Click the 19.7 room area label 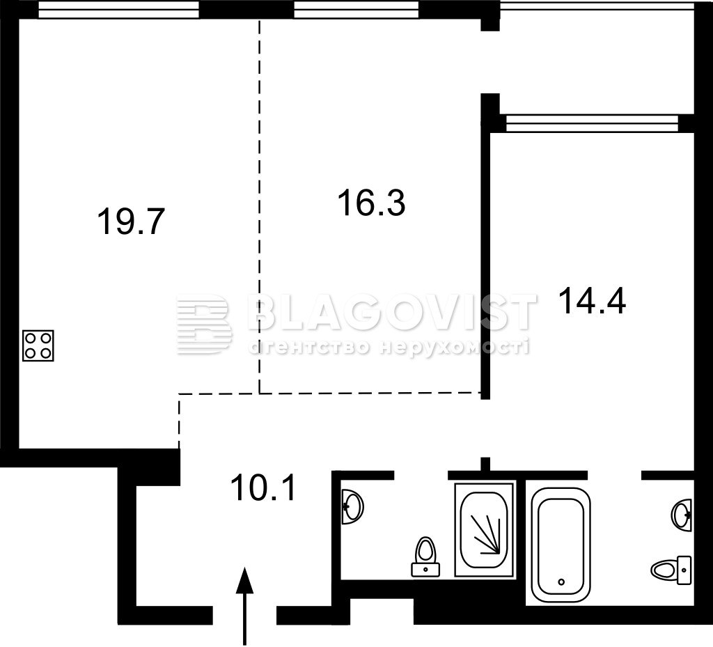[130, 221]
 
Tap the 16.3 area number [372, 203]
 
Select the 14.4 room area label [592, 301]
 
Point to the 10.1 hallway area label [264, 487]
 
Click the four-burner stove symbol [38, 345]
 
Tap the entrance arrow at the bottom [244, 607]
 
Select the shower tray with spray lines [485, 531]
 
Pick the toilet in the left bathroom [425, 556]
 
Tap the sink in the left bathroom [352, 506]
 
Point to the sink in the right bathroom [682, 515]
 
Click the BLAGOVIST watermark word [393, 313]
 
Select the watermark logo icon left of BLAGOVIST [203, 324]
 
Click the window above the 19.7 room [118, 10]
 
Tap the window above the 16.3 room [356, 10]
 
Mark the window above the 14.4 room [592, 123]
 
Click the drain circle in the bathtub [561, 582]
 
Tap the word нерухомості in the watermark [455, 348]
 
